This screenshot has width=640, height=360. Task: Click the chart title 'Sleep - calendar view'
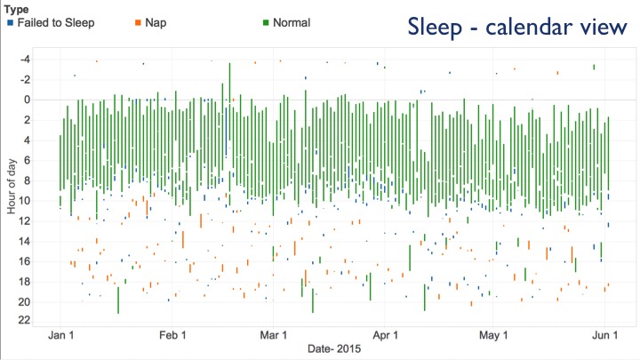tap(517, 27)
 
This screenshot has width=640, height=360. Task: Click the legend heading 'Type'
tap(16, 10)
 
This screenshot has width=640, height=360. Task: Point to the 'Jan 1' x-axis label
tap(60, 335)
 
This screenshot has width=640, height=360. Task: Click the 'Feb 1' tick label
tap(172, 335)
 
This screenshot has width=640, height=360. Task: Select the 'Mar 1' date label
tap(274, 335)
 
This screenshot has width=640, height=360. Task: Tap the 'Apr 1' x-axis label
tap(385, 335)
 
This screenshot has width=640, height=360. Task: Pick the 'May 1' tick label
tap(493, 335)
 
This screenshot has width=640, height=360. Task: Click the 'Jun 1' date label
tap(605, 335)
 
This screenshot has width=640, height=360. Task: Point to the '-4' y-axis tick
tap(25, 60)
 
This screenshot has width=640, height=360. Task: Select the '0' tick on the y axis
tap(28, 100)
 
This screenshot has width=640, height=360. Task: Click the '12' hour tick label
tap(25, 221)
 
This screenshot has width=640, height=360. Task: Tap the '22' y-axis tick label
tap(25, 320)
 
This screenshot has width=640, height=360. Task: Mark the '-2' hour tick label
tap(25, 80)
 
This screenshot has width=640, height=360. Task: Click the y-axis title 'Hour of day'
tap(11, 186)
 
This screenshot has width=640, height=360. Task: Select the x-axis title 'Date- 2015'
tap(334, 348)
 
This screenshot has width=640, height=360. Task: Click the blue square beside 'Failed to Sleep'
tap(10, 23)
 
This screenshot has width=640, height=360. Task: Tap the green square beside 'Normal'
tap(266, 23)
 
